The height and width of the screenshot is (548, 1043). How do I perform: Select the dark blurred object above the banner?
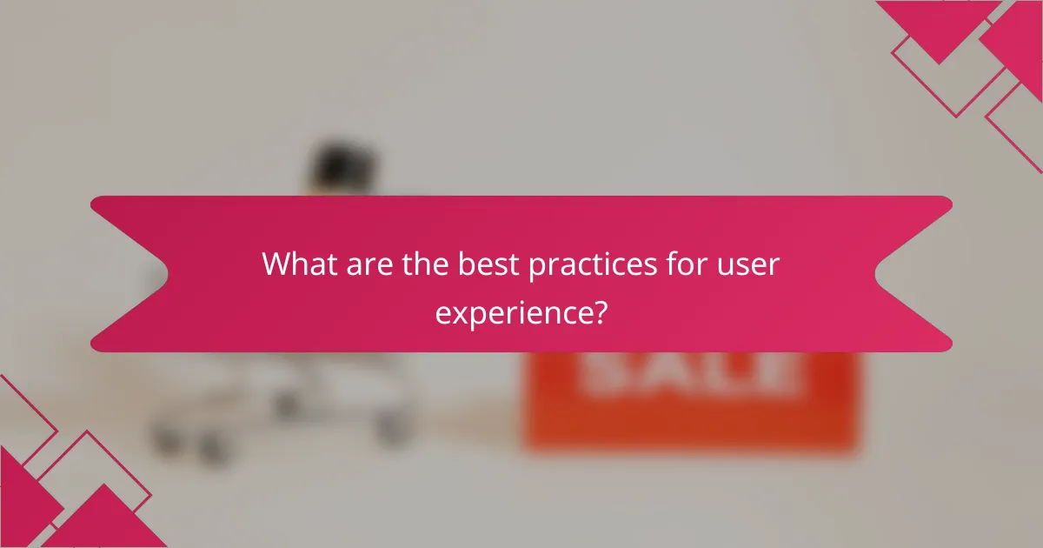[343, 165]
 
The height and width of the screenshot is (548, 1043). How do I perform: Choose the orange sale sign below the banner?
[691, 409]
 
